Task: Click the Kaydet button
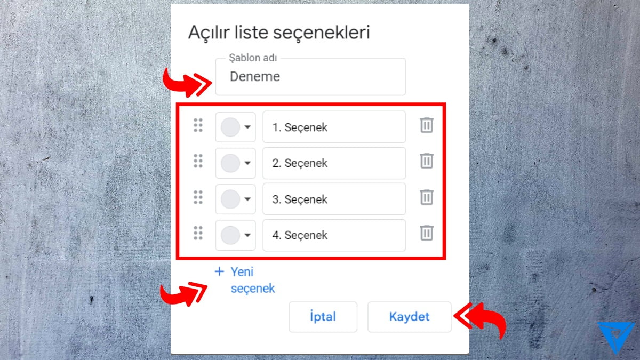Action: click(x=409, y=317)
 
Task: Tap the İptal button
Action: click(x=323, y=317)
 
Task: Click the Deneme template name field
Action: click(x=310, y=77)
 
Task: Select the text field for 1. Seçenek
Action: click(x=334, y=127)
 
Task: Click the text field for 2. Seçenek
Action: click(x=334, y=163)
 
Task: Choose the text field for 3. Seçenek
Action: click(x=334, y=199)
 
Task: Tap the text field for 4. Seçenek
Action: click(x=334, y=235)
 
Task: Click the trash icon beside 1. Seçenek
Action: click(x=426, y=126)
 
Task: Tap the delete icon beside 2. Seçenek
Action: click(x=426, y=161)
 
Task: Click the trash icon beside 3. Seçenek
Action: click(x=426, y=197)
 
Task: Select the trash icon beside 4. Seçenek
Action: click(x=426, y=233)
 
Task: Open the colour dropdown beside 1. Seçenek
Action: click(x=235, y=127)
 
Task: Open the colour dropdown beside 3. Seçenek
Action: click(x=235, y=199)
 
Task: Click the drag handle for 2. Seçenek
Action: click(x=198, y=161)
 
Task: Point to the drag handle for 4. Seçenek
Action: click(x=198, y=233)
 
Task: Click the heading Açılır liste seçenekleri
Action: click(x=279, y=32)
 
